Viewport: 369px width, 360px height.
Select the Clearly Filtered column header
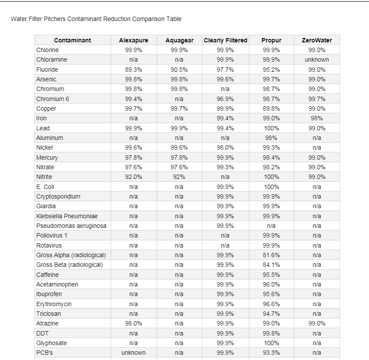(226, 40)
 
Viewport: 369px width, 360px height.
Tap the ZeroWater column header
(317, 40)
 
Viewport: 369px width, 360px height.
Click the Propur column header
(271, 40)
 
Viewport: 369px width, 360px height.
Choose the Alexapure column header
(133, 40)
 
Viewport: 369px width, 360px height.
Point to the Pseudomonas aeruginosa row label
(71, 226)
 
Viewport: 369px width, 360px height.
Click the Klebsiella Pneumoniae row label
(66, 216)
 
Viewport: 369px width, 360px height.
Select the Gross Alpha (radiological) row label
(71, 255)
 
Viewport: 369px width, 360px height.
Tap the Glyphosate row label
(52, 343)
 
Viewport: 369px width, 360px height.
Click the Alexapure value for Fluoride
(133, 70)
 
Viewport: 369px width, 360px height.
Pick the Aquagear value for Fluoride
(179, 70)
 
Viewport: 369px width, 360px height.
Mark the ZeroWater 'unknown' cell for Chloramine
(317, 59)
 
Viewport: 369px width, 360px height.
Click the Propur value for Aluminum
(271, 138)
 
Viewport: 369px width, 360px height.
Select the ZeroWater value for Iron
(317, 118)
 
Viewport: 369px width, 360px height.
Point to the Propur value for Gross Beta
(271, 265)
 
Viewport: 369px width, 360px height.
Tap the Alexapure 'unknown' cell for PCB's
(133, 353)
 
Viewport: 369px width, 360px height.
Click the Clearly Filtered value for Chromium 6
(226, 99)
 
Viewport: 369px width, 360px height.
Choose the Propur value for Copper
(271, 108)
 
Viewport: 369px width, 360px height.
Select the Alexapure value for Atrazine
(133, 323)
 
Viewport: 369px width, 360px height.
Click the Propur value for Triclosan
(271, 314)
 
